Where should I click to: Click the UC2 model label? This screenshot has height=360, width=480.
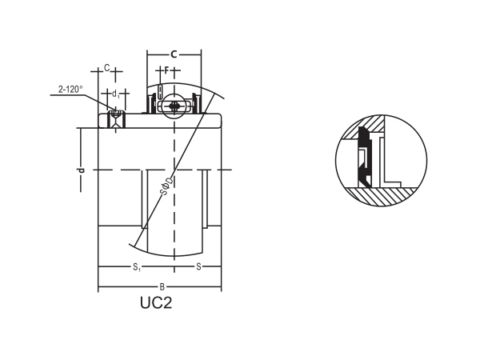156,303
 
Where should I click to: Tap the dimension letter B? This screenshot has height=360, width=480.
162,286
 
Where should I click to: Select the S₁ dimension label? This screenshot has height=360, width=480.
137,266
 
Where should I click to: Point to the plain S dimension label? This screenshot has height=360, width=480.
198,266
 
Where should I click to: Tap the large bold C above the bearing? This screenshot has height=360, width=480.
174,54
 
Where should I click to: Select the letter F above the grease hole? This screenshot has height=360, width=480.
166,70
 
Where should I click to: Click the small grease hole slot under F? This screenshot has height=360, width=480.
160,90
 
